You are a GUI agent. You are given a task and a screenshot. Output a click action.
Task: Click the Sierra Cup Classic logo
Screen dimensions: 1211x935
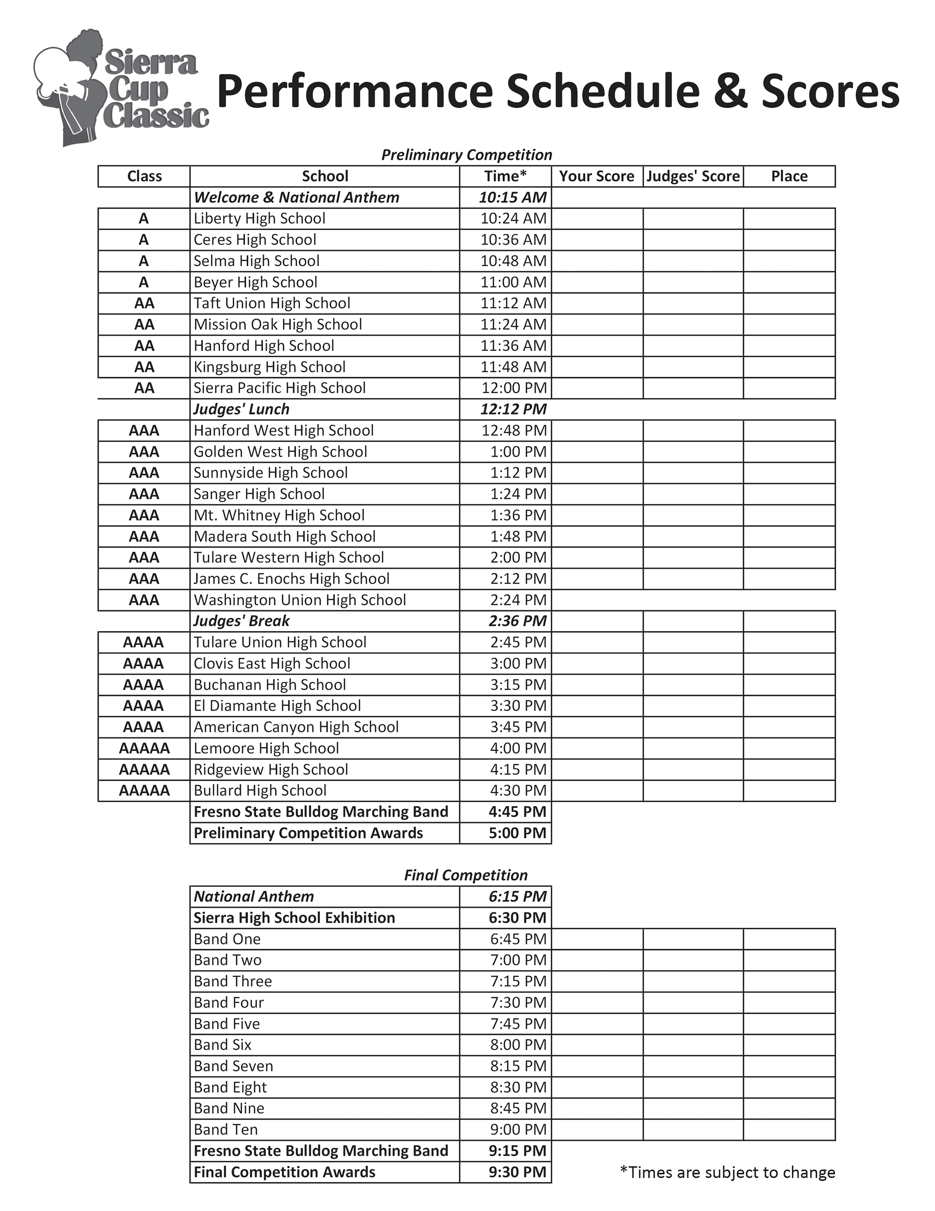pos(121,89)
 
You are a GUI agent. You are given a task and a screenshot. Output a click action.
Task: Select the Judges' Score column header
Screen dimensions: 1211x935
pos(693,176)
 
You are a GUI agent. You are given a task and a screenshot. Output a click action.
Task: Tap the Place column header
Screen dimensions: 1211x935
pos(789,176)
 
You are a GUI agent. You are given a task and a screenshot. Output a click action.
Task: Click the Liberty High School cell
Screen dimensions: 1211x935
pos(260,218)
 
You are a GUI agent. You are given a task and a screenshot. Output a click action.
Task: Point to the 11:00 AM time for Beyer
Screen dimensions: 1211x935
pos(513,282)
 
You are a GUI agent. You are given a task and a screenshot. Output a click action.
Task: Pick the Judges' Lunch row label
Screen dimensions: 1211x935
pos(241,409)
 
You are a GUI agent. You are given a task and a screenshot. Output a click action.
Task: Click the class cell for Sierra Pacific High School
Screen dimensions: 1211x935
pos(144,388)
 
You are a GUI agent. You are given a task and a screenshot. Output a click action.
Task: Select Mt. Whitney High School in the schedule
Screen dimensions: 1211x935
pos(279,515)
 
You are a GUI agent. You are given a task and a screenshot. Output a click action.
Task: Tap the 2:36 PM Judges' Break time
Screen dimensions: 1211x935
pos(518,621)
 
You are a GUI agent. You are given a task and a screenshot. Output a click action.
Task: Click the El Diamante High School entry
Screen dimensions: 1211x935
pos(277,706)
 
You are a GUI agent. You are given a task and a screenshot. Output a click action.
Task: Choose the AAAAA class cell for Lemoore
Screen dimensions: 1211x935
pos(144,748)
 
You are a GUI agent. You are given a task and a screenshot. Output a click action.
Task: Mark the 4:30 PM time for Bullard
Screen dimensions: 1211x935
pos(518,791)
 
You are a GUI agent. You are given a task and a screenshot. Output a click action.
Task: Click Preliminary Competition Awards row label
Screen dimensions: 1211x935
pos(308,833)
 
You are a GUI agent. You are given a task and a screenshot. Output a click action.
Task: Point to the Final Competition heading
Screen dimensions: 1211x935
pos(466,875)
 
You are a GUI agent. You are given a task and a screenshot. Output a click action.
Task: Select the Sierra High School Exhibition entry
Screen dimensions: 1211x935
pos(294,918)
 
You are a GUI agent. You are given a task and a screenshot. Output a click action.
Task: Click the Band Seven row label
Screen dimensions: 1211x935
pos(233,1066)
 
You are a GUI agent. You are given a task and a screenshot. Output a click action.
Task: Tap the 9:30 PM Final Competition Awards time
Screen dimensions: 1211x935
pos(518,1172)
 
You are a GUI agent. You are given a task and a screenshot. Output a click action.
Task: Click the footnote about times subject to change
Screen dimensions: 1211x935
pos(727,1172)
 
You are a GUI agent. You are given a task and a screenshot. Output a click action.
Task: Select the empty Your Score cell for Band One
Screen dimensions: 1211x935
pos(597,939)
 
